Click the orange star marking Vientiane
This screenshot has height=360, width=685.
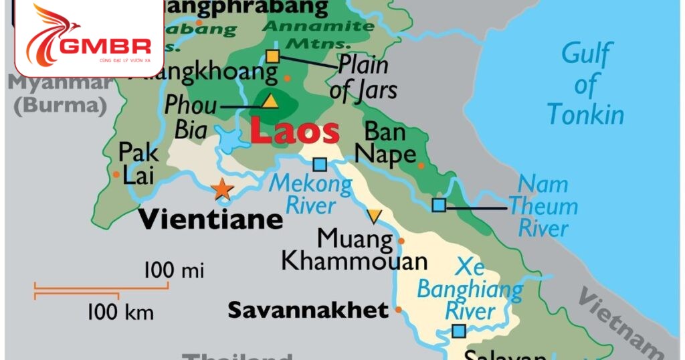pyautogui.click(x=222, y=189)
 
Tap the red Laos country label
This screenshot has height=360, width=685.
pyautogui.click(x=294, y=132)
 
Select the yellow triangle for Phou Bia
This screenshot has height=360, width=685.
pyautogui.click(x=270, y=101)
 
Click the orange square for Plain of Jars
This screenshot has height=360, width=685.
pyautogui.click(x=272, y=56)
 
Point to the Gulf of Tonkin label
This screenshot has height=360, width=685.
pyautogui.click(x=585, y=84)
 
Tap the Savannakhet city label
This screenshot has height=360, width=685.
pyautogui.click(x=308, y=310)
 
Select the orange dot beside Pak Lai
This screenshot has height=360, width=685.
pyautogui.click(x=116, y=175)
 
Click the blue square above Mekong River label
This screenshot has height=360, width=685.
pyautogui.click(x=320, y=164)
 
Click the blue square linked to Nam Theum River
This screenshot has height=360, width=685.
pyautogui.click(x=438, y=205)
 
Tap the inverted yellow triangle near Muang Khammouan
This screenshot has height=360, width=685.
pyautogui.click(x=374, y=216)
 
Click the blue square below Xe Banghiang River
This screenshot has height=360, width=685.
pyautogui.click(x=459, y=331)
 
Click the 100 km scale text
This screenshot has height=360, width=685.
pyautogui.click(x=120, y=312)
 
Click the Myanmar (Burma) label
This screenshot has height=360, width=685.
pyautogui.click(x=58, y=94)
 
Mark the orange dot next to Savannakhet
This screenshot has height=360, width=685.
pyautogui.click(x=399, y=310)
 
